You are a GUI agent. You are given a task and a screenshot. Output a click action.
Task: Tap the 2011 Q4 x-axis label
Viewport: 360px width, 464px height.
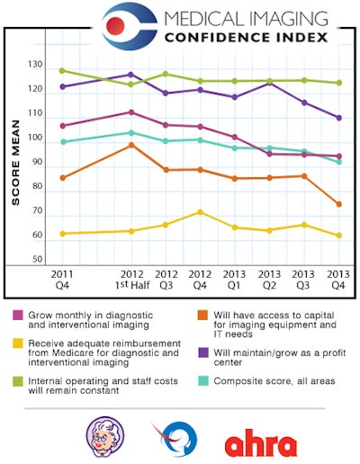[x=63, y=279]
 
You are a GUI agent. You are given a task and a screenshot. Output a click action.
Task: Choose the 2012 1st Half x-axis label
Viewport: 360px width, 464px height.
[x=131, y=279]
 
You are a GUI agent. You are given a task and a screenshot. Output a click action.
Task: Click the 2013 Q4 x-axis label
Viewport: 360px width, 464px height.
[x=338, y=279]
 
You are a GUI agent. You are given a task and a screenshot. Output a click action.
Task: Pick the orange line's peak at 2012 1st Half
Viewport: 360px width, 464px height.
[x=131, y=145]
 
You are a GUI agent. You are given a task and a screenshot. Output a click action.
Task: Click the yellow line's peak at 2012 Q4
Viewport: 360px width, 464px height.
[x=200, y=212]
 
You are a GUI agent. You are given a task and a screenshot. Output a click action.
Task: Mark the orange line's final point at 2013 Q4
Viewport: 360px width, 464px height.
[x=338, y=204]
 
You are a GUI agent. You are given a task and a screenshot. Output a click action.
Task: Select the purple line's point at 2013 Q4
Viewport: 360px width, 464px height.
[x=338, y=118]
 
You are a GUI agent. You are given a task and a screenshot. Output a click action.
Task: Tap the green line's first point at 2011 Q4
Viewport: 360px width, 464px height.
[x=62, y=70]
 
